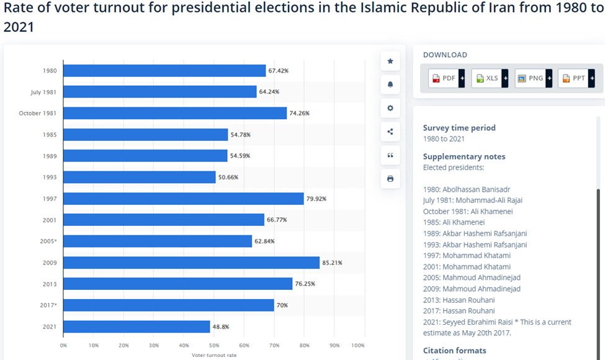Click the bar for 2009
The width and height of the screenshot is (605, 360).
(191, 263)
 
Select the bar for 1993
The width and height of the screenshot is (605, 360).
(139, 177)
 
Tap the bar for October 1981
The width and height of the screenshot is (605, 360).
(175, 113)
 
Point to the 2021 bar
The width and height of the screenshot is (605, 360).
(137, 326)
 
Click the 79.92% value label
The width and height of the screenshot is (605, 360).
(316, 199)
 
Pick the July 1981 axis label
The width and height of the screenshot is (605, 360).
(43, 92)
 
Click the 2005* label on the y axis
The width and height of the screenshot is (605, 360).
(48, 241)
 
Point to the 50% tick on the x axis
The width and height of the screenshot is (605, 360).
(214, 345)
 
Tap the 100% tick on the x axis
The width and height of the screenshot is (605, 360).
(358, 345)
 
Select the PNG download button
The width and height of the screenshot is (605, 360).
(533, 78)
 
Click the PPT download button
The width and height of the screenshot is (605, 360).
(576, 78)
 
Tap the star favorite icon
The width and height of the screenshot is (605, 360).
(390, 61)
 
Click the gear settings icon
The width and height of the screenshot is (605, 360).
(390, 108)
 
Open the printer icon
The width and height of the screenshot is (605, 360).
(390, 179)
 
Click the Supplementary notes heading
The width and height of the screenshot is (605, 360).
(464, 156)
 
